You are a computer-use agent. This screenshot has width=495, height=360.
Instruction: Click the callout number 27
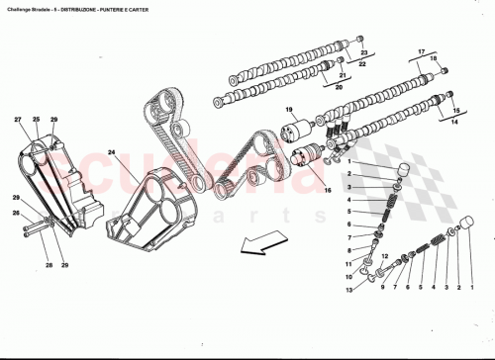coord(18,121)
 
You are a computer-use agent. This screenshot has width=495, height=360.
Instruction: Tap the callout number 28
coord(48,264)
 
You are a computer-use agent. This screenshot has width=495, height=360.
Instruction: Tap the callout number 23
coord(362,52)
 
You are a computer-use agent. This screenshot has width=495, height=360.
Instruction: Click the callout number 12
coord(348,275)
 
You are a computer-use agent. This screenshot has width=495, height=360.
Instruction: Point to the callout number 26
coord(17,213)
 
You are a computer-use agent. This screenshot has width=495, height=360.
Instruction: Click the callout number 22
coord(362,64)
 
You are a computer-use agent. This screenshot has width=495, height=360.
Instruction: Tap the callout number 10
coord(348,251)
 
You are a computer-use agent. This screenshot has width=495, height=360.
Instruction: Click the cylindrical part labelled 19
coord(297,131)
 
